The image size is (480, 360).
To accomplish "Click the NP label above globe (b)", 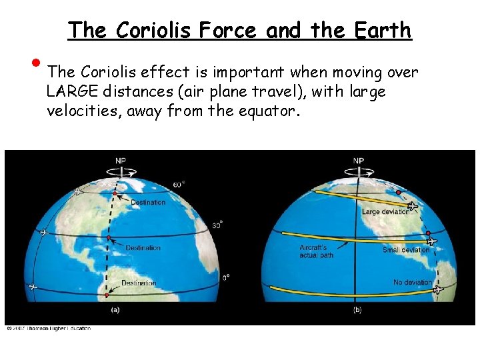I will click(x=359, y=160).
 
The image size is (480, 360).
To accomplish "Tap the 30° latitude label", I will click(x=217, y=225).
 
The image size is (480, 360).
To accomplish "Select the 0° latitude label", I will click(x=226, y=277).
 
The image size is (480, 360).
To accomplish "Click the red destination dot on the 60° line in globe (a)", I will click(x=115, y=194).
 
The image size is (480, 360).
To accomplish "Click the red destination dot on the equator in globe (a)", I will click(x=106, y=294).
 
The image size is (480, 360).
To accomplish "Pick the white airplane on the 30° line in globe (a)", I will click(x=45, y=233).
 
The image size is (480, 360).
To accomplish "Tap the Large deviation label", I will click(x=385, y=212).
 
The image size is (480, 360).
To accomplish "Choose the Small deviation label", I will click(x=405, y=250).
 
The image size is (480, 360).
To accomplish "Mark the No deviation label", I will click(x=413, y=283).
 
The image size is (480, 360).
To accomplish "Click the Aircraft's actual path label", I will click(x=316, y=251).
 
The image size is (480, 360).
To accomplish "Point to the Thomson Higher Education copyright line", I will click(x=48, y=328).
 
